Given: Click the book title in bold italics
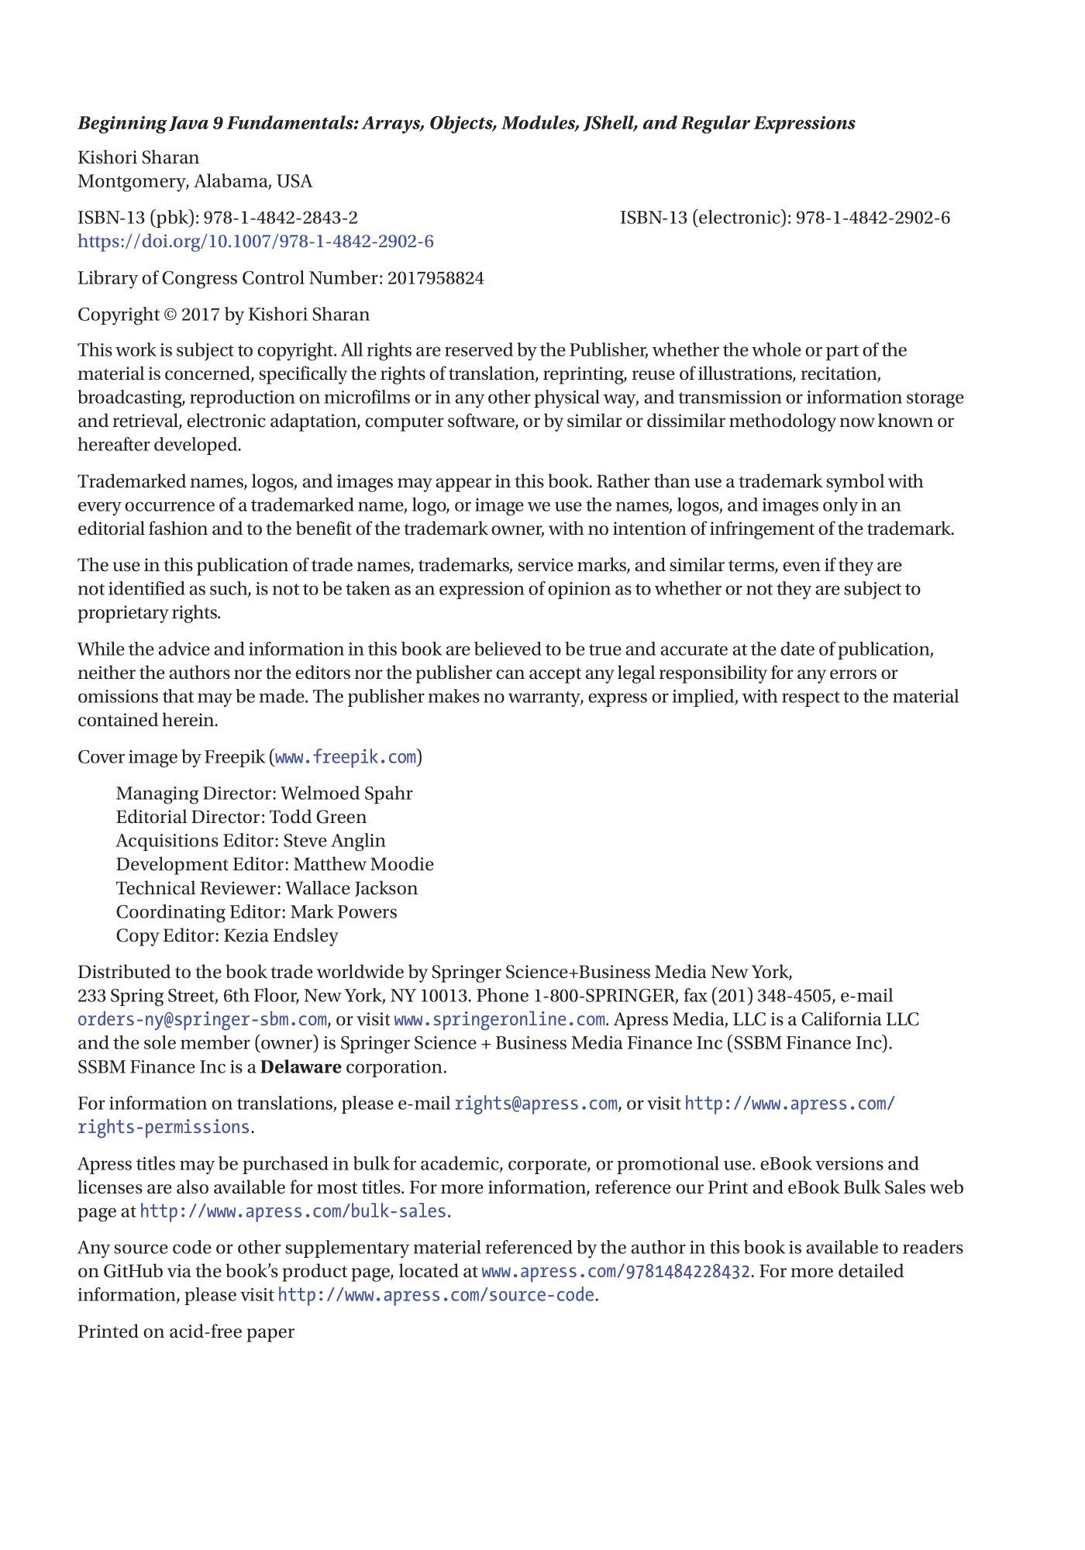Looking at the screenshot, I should (x=466, y=123).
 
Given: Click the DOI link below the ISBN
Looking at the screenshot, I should (x=255, y=241).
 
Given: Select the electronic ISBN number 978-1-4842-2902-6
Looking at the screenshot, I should (x=873, y=218).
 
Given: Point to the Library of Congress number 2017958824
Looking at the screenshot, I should (x=436, y=278).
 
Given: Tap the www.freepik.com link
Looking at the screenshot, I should (x=346, y=757).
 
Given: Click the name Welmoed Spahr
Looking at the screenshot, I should (x=346, y=794).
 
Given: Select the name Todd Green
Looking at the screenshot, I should (x=318, y=817).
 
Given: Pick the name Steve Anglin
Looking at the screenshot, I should (x=334, y=841).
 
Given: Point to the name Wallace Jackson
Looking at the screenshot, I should (x=352, y=888).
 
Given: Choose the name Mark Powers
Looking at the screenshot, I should (x=343, y=912).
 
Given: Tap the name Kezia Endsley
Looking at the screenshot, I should (x=281, y=935).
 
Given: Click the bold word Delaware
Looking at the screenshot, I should (x=301, y=1067).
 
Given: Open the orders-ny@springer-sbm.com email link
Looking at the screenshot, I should (x=201, y=1020).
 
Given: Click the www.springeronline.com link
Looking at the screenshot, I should (x=499, y=1020).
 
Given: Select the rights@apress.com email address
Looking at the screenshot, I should (x=536, y=1104).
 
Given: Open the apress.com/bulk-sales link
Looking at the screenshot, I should (x=293, y=1211).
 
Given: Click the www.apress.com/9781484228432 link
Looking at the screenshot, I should (x=615, y=1272).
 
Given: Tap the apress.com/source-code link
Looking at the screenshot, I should (x=436, y=1295).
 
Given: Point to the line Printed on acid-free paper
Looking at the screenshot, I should (x=186, y=1332).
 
